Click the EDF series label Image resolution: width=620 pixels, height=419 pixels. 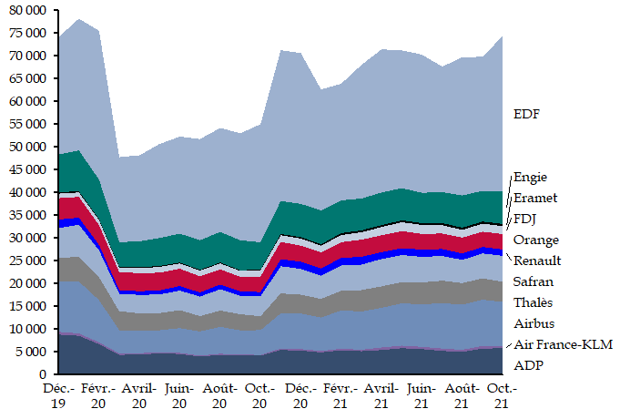[x=526, y=115]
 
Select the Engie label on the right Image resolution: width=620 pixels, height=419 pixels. [x=531, y=178]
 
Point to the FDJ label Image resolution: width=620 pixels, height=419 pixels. [x=525, y=219]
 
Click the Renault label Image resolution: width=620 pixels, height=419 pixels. [x=536, y=261]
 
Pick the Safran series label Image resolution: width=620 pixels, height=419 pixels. [x=533, y=281]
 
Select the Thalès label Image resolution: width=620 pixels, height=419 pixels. [x=534, y=302]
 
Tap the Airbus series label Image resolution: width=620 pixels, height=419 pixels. [x=534, y=323]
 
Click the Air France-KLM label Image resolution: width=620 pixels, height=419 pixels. [x=563, y=344]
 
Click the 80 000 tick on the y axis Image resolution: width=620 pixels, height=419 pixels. [x=27, y=10]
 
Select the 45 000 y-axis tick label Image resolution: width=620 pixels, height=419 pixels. [x=27, y=169]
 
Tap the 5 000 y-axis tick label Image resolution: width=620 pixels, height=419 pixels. [x=31, y=352]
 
